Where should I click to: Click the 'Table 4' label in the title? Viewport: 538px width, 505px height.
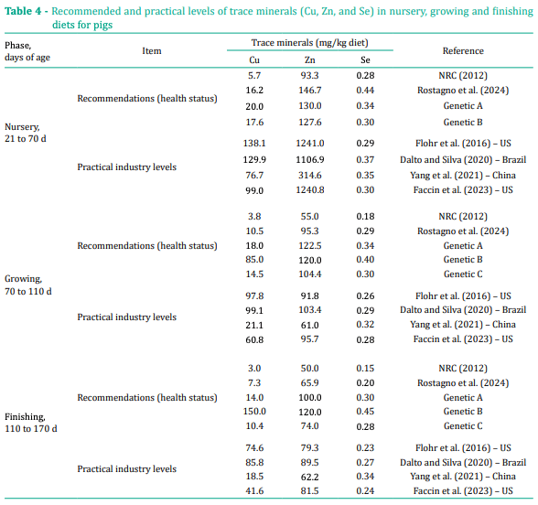pyautogui.click(x=25, y=8)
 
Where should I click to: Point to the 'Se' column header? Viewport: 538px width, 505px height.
pyautogui.click(x=364, y=59)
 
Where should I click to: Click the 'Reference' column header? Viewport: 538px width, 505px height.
pyautogui.click(x=463, y=51)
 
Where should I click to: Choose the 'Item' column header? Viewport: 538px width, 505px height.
pyautogui.click(x=152, y=51)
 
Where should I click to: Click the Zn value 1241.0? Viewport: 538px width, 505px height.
pyautogui.click(x=309, y=145)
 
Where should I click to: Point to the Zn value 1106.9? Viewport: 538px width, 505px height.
pyautogui.click(x=309, y=159)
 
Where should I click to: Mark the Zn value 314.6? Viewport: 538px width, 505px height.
pyautogui.click(x=309, y=175)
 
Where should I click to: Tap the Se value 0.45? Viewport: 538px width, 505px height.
pyautogui.click(x=364, y=412)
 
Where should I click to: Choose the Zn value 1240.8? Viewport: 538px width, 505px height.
pyautogui.click(x=309, y=190)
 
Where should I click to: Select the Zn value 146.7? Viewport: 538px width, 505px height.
pyautogui.click(x=309, y=91)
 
